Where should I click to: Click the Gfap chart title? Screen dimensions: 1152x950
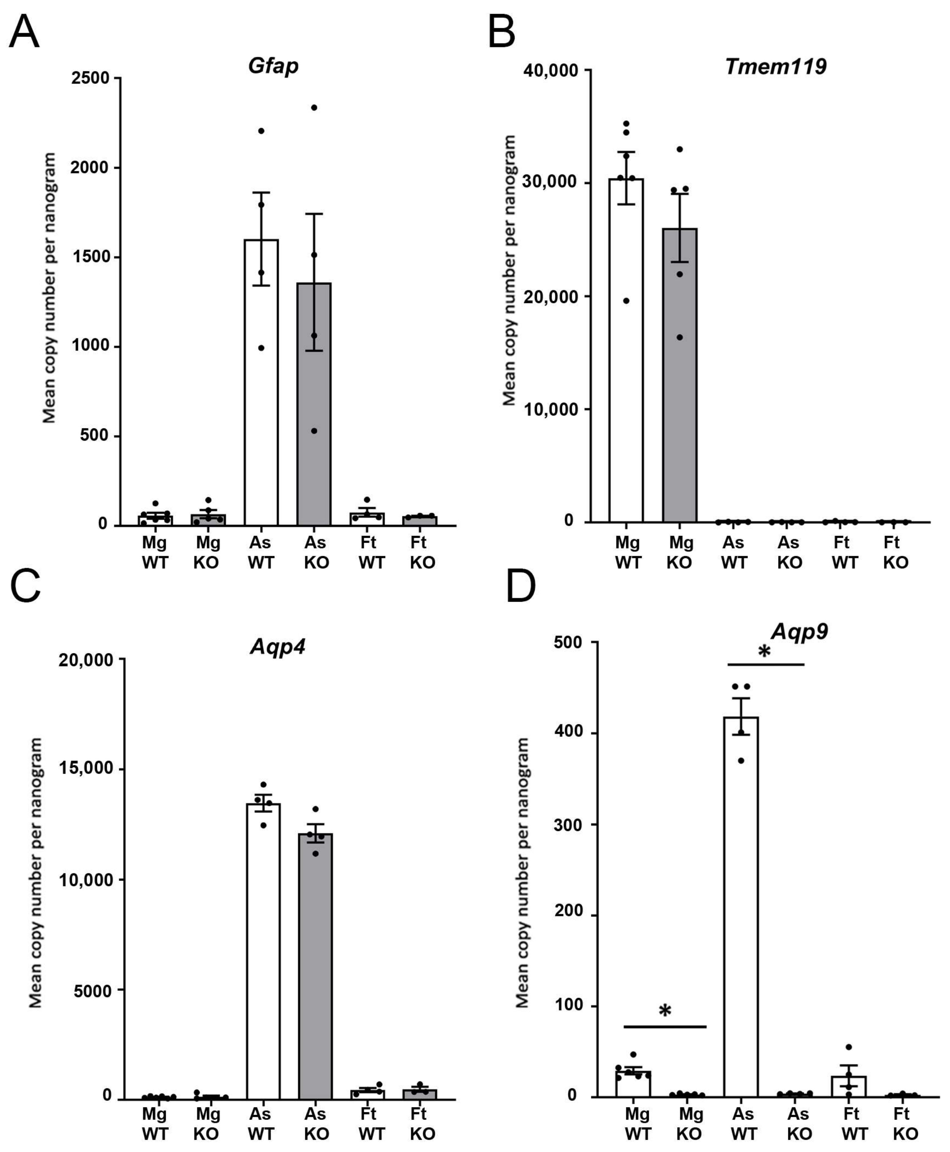pyautogui.click(x=273, y=66)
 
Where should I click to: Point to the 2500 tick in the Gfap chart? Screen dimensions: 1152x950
pyautogui.click(x=90, y=78)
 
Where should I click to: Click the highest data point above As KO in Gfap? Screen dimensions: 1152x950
pyautogui.click(x=314, y=107)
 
